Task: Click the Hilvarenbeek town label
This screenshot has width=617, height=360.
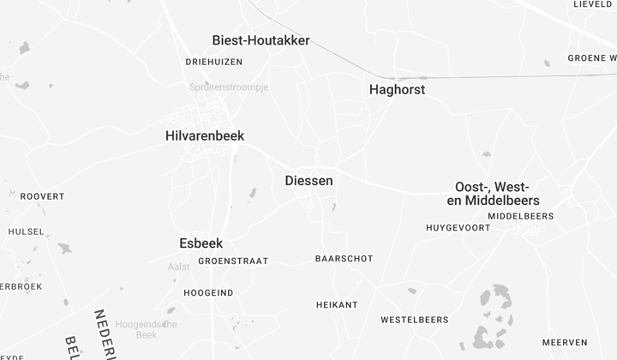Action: click(x=205, y=135)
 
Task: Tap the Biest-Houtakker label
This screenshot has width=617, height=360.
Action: click(x=261, y=40)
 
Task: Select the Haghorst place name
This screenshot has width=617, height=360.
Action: click(x=397, y=89)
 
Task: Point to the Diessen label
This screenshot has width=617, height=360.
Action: click(x=308, y=181)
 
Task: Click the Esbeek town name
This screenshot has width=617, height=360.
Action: click(x=201, y=243)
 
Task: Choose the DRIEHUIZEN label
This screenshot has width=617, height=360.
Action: click(x=214, y=62)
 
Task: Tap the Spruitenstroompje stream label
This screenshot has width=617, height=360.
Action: click(x=229, y=87)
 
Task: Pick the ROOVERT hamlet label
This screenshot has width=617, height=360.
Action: click(x=42, y=196)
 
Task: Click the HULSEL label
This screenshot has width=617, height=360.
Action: click(x=26, y=231)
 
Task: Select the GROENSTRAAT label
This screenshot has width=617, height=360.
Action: click(x=233, y=261)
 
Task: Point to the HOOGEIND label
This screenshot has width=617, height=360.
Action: click(x=208, y=292)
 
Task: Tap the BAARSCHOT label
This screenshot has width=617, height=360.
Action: click(x=344, y=258)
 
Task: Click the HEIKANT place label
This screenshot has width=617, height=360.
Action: click(x=337, y=304)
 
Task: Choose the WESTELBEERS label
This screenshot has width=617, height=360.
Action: click(x=415, y=320)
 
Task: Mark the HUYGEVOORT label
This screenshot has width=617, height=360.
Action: click(x=459, y=227)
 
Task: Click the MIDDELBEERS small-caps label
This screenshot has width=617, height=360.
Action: click(x=521, y=216)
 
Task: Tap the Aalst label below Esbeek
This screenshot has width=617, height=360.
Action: click(x=178, y=267)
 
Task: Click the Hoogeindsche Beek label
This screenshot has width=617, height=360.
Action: click(x=146, y=330)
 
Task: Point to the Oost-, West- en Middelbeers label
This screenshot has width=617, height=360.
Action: click(x=493, y=194)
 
